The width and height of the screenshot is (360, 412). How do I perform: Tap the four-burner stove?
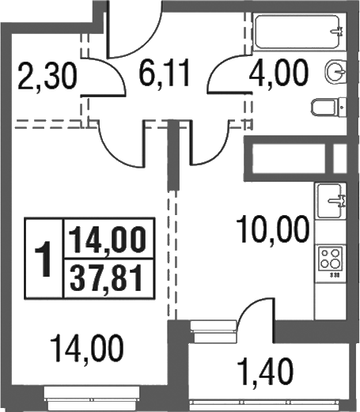(x=330, y=259)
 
